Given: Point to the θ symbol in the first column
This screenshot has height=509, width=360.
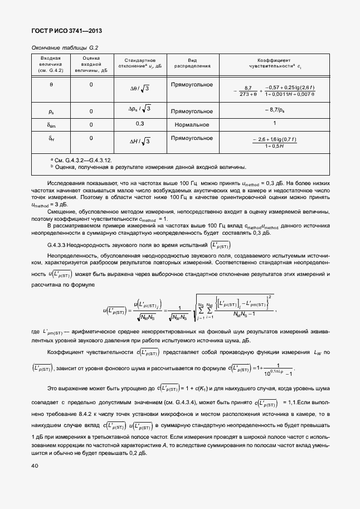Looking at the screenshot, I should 51,85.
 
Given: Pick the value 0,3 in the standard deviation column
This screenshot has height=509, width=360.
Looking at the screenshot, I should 140,123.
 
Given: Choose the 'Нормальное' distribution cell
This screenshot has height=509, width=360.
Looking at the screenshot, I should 192,124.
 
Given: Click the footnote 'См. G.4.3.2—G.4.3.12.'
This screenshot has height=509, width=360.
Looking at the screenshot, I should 84,159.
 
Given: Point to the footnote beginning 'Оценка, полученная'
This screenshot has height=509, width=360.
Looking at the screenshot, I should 150,166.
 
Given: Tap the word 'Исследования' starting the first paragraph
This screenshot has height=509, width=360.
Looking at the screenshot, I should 66,182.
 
